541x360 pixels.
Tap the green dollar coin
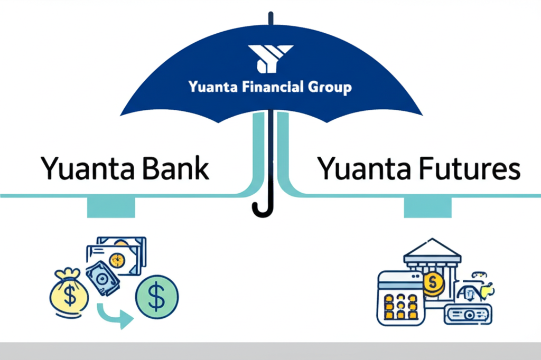(157, 296)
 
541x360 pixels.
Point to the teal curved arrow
(114, 317)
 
